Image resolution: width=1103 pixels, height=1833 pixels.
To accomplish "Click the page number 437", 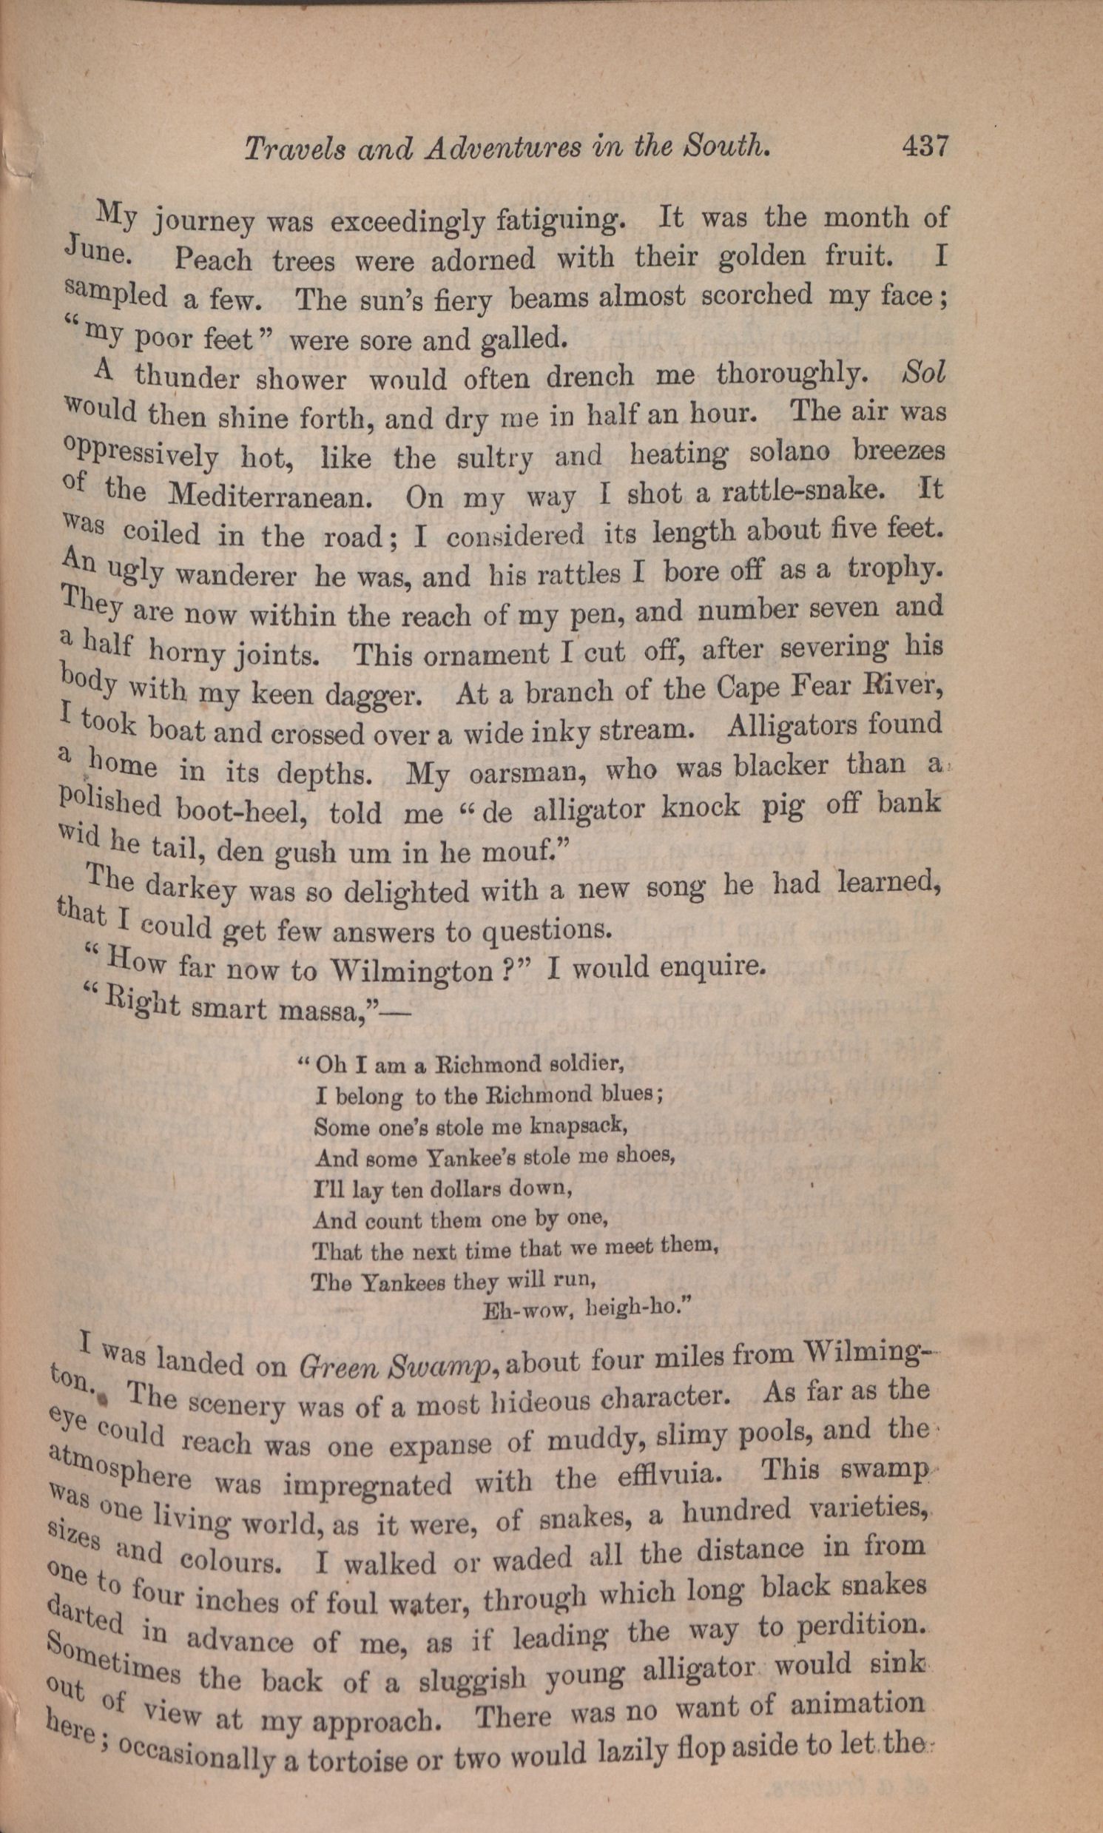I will pyautogui.click(x=925, y=145).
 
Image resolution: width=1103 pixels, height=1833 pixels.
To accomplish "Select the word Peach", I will pyautogui.click(x=213, y=260).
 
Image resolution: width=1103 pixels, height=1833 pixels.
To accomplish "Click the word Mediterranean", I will pyautogui.click(x=270, y=495).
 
